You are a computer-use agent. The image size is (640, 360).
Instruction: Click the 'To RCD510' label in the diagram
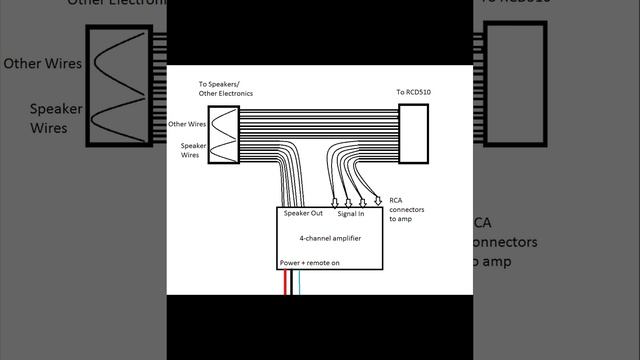(413, 92)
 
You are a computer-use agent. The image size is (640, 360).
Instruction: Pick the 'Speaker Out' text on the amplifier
(302, 214)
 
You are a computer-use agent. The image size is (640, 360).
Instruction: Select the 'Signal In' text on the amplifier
(350, 214)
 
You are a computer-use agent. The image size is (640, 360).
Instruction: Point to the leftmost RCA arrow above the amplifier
(333, 203)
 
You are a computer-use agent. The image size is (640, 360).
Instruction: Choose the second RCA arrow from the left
(348, 203)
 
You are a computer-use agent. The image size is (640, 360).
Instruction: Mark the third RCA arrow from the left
(362, 201)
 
